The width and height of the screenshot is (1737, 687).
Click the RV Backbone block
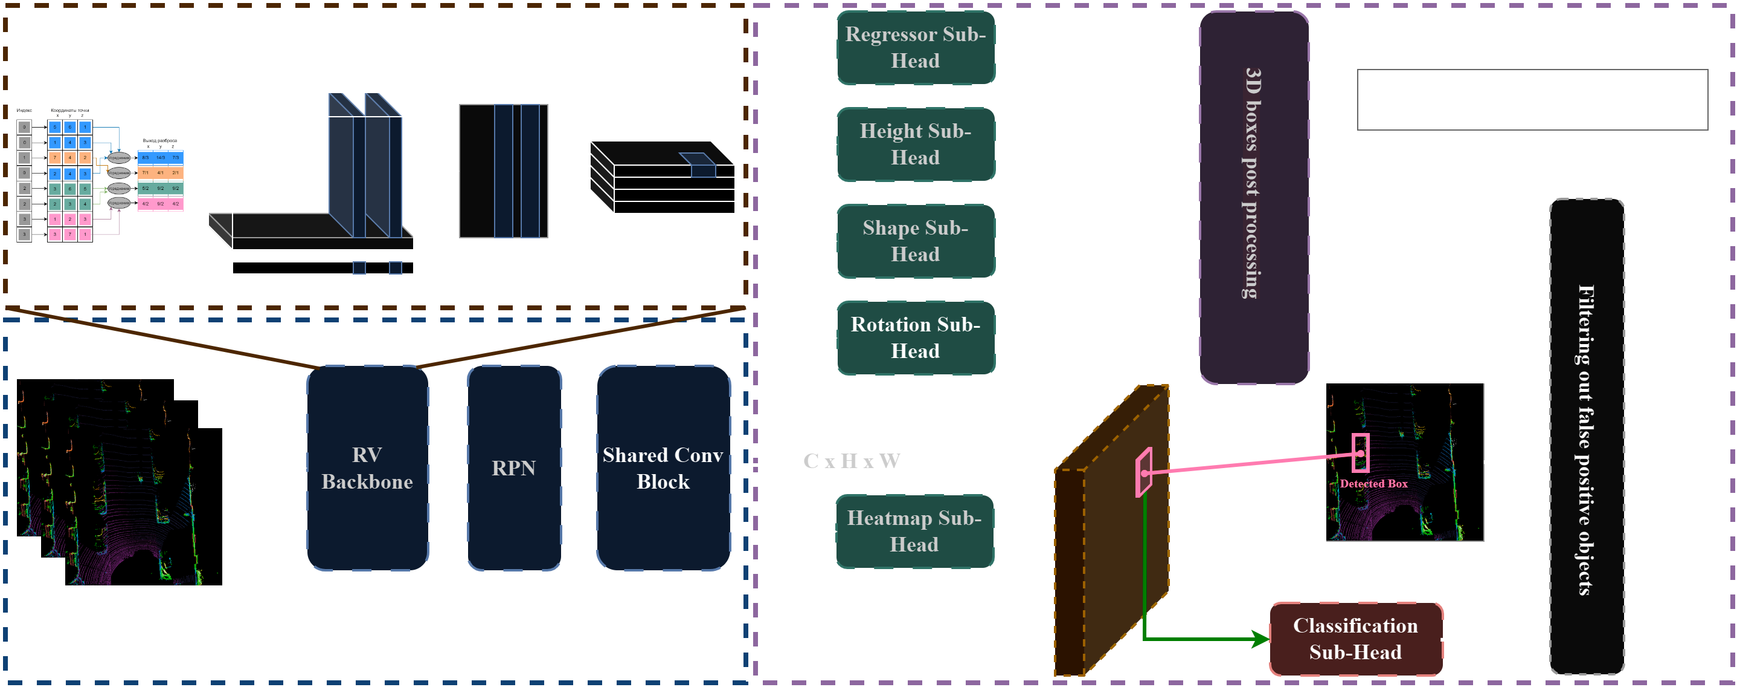[367, 467]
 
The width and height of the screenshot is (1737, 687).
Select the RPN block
[514, 467]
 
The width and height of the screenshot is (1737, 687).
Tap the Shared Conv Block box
[663, 467]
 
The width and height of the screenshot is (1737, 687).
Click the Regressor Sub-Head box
[915, 47]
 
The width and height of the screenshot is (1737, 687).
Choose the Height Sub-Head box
[915, 144]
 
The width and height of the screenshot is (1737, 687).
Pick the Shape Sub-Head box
[915, 241]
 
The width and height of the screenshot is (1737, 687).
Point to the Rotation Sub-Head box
[915, 337]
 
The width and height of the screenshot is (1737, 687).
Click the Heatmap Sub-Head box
[914, 531]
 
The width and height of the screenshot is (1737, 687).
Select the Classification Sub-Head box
[1355, 639]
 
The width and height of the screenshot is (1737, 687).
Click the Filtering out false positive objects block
[1586, 438]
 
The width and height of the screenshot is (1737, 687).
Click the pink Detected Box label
[1373, 484]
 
